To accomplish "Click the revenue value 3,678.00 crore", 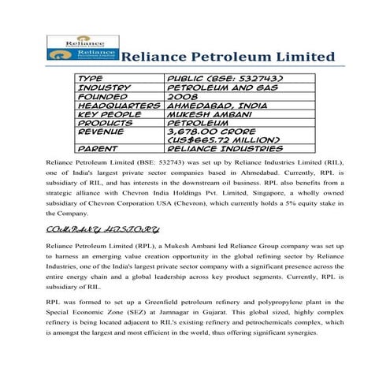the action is click(x=209, y=130).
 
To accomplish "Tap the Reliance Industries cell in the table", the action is click(x=225, y=147).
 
